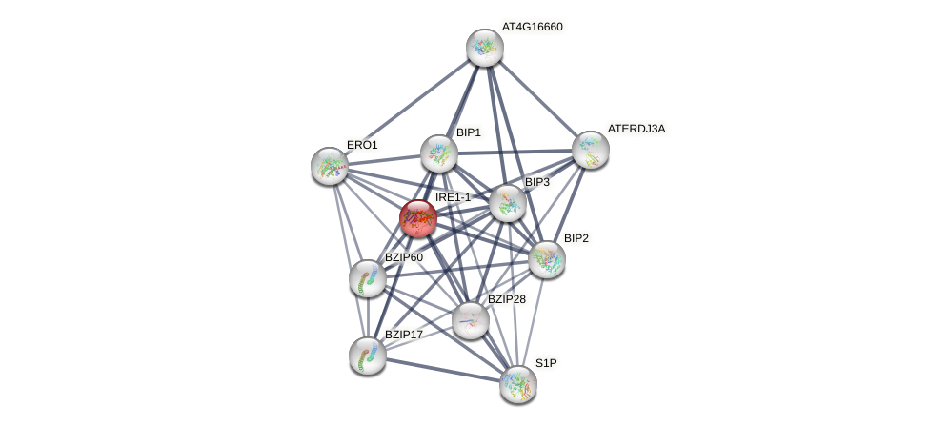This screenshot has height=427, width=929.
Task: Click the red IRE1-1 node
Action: [418, 218]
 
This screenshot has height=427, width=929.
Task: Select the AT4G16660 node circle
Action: [485, 48]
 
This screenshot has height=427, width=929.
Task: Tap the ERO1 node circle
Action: [330, 166]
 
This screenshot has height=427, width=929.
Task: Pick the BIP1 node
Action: [439, 153]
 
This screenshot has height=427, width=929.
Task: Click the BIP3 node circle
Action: [508, 203]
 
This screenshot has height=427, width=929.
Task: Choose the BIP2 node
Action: [547, 259]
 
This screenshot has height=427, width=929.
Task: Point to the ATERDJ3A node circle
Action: [591, 150]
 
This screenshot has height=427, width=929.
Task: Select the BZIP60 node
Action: [368, 278]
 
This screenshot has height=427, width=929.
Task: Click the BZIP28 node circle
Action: [471, 320]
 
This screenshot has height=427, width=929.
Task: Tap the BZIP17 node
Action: [368, 356]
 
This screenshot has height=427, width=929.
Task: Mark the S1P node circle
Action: [518, 384]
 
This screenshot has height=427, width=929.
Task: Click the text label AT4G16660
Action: [532, 27]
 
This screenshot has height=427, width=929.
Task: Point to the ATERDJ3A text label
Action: [636, 129]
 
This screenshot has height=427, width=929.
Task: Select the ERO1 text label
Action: [362, 145]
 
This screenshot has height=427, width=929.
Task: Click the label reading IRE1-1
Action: [453, 197]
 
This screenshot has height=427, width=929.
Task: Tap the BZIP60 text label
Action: [403, 257]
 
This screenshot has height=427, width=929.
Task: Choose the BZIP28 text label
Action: [506, 299]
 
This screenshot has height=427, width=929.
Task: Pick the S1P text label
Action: [545, 363]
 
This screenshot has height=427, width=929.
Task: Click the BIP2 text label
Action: [576, 238]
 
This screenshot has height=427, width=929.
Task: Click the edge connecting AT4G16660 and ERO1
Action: [408, 107]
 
